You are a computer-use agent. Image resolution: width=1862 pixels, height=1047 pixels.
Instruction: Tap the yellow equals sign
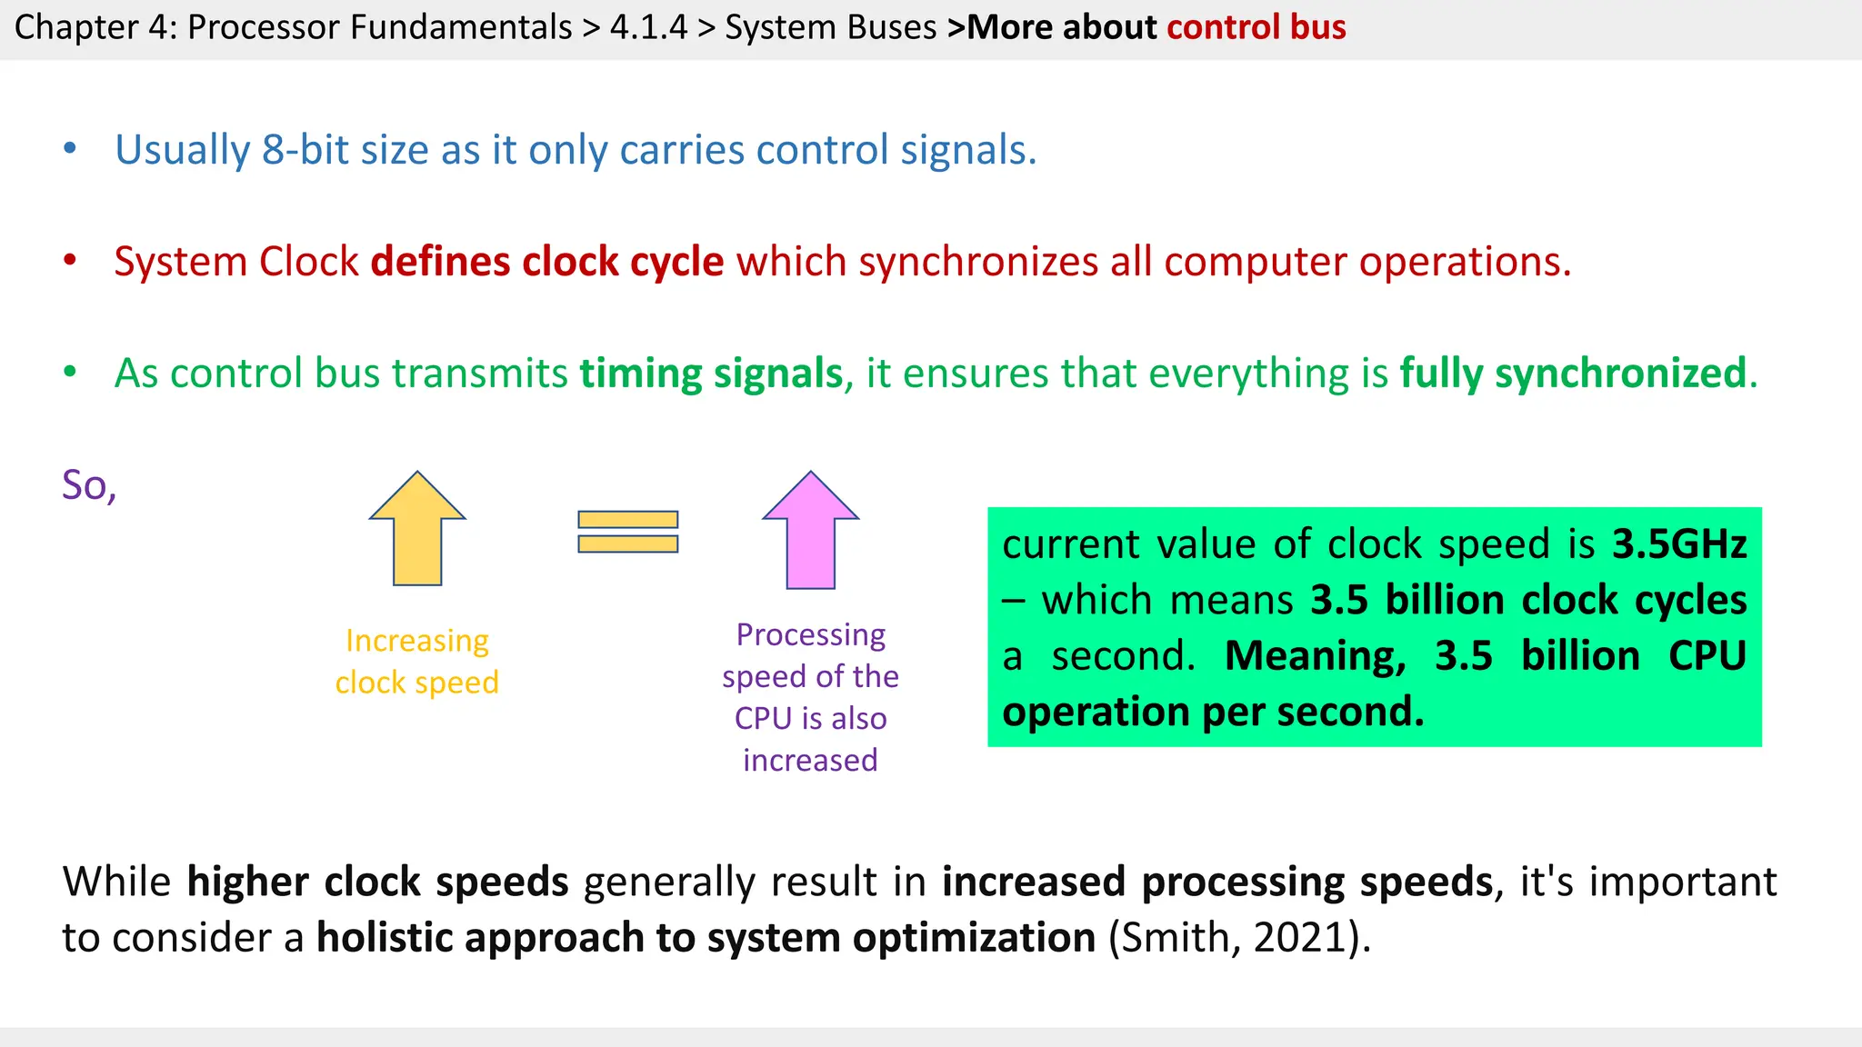[628, 532]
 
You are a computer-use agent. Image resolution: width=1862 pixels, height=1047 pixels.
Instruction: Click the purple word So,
[89, 485]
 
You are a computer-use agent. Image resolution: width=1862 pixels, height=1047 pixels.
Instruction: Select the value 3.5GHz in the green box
[1679, 544]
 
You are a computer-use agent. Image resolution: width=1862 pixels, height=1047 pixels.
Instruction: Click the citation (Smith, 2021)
[1238, 937]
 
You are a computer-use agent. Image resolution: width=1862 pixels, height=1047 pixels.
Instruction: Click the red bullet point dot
[70, 261]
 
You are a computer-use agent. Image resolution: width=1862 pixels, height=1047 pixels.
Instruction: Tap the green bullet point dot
[70, 372]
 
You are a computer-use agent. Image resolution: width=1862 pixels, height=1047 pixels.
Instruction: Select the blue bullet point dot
[70, 149]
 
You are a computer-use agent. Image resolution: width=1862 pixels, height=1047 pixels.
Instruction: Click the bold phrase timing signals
[712, 374]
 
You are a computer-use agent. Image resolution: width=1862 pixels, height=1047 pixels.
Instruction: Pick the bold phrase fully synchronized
[1573, 374]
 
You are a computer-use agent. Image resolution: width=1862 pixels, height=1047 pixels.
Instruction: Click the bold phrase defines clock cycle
[547, 262]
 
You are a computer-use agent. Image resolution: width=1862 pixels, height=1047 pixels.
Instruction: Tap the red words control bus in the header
[1256, 27]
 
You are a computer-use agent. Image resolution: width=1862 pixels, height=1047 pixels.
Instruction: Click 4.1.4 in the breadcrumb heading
[648, 27]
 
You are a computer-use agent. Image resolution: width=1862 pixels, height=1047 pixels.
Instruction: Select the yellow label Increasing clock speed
[417, 661]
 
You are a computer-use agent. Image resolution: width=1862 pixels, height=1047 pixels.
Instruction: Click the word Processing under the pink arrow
[810, 634]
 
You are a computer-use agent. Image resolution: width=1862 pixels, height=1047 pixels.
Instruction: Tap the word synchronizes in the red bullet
[978, 262]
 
